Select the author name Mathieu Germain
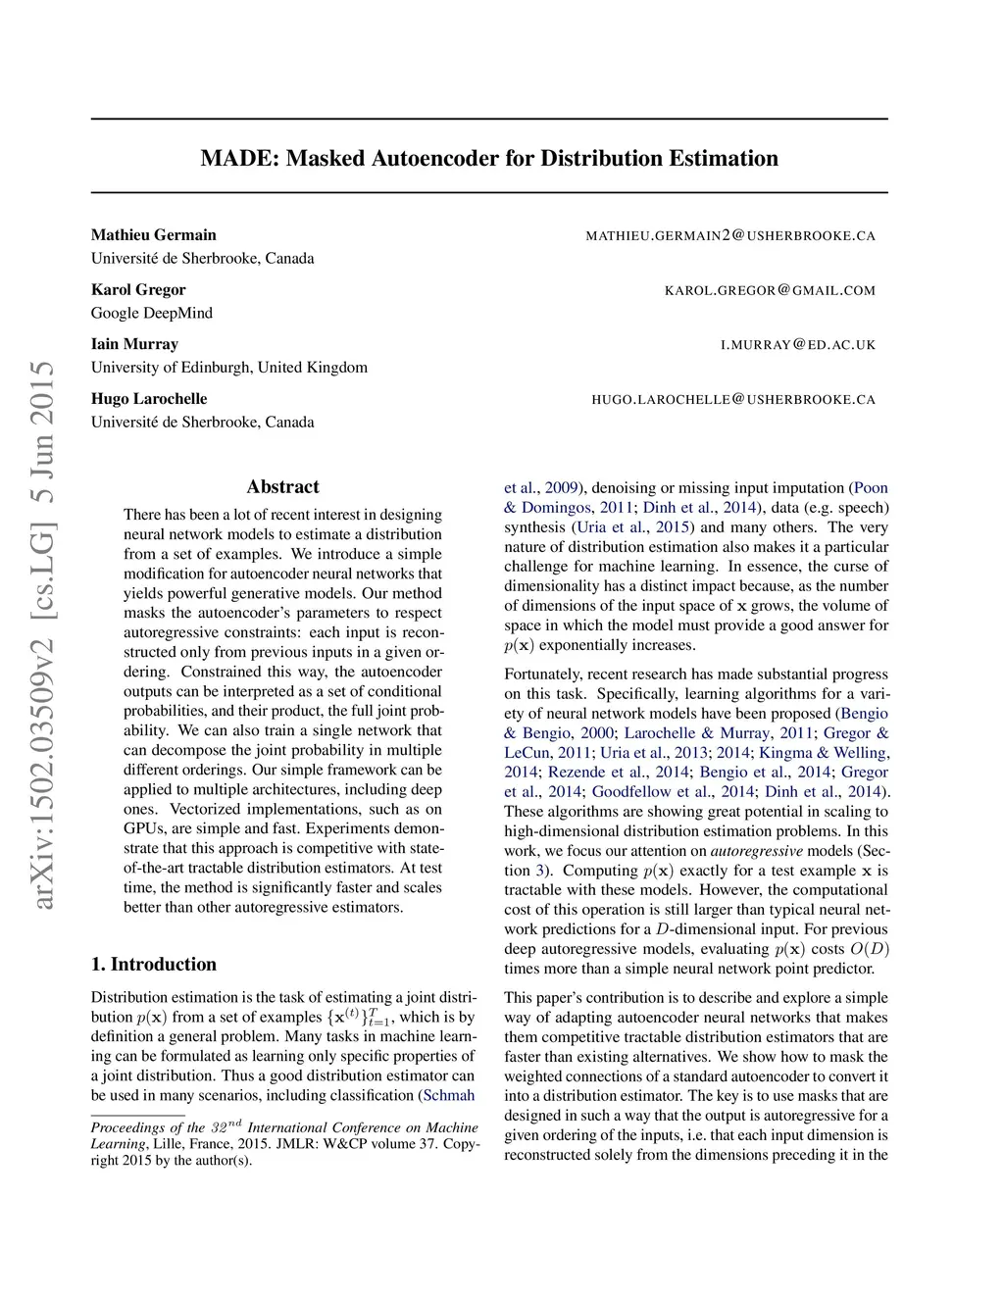pyautogui.click(x=154, y=235)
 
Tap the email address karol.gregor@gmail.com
pyautogui.click(x=770, y=290)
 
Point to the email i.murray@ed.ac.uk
pyautogui.click(x=798, y=345)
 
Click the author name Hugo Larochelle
pyautogui.click(x=149, y=399)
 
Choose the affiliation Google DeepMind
pyautogui.click(x=152, y=314)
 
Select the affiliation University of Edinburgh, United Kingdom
pyautogui.click(x=229, y=368)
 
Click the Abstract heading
pyautogui.click(x=282, y=487)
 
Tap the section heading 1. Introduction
pyautogui.click(x=154, y=965)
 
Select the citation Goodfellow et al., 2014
pyautogui.click(x=674, y=792)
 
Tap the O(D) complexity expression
pyautogui.click(x=869, y=949)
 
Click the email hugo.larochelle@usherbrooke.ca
pyautogui.click(x=733, y=400)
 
